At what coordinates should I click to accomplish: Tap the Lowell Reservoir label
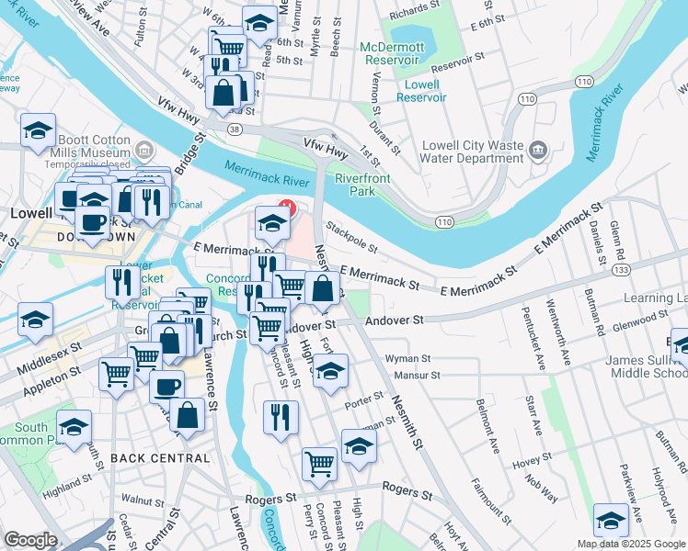point(420,90)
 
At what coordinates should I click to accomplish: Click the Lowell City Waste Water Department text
point(473,152)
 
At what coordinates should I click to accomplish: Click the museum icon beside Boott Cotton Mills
point(143,149)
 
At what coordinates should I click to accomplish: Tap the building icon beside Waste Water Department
point(539,149)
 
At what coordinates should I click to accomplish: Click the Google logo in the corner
point(29,540)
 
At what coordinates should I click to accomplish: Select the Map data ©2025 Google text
point(631,544)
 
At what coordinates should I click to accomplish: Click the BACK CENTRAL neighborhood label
point(160,457)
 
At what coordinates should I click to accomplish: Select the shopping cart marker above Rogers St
point(319,463)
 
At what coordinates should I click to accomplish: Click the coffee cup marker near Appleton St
point(166,386)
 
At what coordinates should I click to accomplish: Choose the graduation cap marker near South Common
point(74,427)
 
